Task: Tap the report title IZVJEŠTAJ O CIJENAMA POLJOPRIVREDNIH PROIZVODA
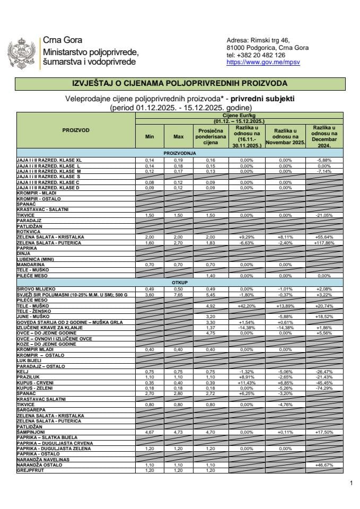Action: click(x=179, y=83)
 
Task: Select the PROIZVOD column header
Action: click(x=76, y=129)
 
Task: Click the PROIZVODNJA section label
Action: click(x=179, y=153)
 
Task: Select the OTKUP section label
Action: click(x=179, y=283)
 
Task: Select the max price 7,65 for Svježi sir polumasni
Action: click(x=179, y=294)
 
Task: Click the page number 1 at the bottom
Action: click(x=351, y=483)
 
